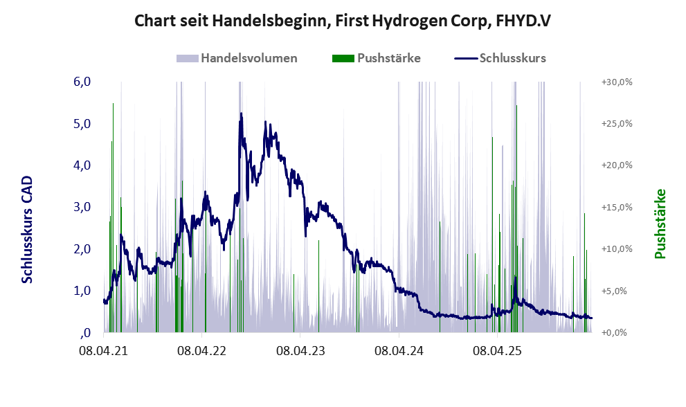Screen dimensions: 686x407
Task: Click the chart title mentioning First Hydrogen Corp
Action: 342,21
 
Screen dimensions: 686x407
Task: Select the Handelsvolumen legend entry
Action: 237,58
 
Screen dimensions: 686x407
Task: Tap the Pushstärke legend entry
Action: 377,58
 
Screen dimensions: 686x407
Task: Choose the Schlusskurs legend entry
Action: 500,58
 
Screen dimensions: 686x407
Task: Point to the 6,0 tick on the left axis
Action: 82,82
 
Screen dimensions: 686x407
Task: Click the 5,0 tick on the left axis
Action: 82,124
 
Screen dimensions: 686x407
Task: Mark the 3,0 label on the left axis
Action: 82,207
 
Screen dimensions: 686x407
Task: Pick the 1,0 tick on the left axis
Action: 82,291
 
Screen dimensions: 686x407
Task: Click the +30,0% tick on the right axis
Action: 617,82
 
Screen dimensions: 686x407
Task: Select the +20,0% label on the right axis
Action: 617,165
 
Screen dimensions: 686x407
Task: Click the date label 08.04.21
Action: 104,351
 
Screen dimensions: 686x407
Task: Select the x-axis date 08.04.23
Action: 300,351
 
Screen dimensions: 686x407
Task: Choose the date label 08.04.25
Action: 498,351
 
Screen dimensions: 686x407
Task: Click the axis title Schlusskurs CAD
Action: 27,229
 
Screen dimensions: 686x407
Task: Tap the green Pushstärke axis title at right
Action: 660,224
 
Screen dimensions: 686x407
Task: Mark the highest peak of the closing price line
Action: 241,114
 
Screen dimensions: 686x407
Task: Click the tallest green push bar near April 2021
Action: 113,217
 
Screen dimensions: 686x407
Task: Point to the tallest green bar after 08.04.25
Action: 516,219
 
